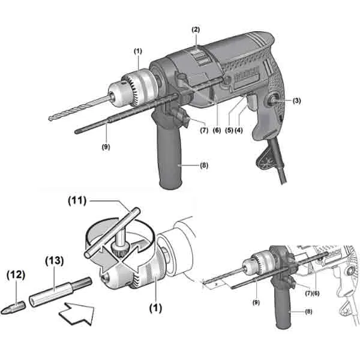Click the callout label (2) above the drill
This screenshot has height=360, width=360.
pos(196,29)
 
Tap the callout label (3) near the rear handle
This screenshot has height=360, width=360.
pos(297,101)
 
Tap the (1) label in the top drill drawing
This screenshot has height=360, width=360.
pos(137,52)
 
